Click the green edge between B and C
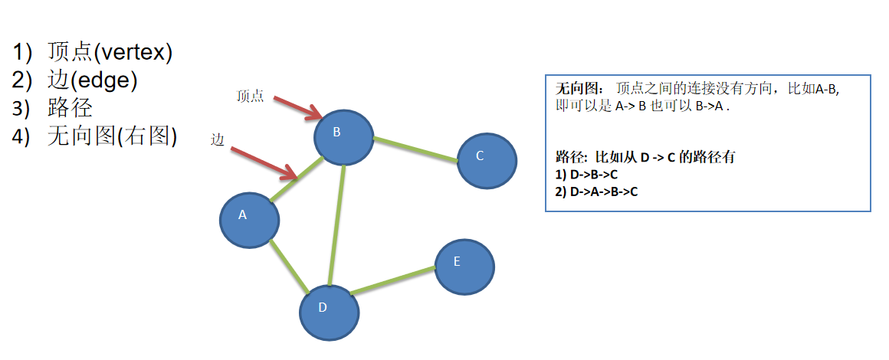point(415,149)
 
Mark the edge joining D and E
point(392,280)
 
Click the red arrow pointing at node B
point(297,108)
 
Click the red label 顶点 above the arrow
point(251,97)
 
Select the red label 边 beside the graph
point(217,139)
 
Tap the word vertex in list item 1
point(131,53)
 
